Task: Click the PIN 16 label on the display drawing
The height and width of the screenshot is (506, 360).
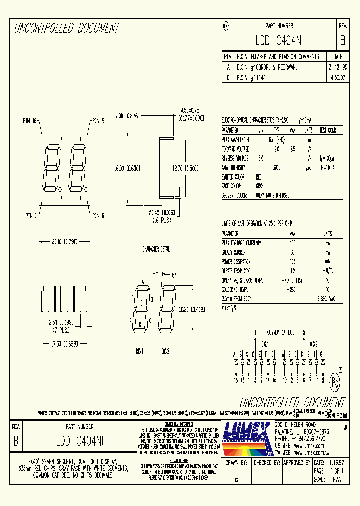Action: [x=30, y=120]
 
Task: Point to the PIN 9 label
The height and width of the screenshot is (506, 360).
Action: [x=97, y=120]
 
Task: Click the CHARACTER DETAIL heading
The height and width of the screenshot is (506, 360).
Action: [x=157, y=249]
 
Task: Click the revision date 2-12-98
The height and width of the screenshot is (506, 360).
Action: [x=337, y=66]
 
